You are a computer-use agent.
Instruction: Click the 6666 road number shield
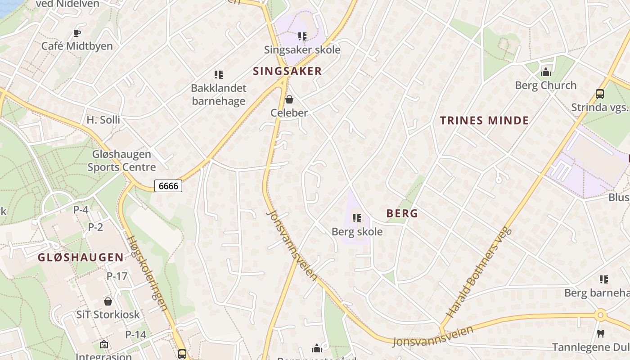(x=168, y=185)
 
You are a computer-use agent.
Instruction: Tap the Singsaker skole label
(x=302, y=49)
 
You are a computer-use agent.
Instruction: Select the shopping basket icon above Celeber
(x=289, y=99)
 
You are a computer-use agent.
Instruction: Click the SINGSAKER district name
(x=288, y=71)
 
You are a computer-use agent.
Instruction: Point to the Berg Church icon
(x=546, y=72)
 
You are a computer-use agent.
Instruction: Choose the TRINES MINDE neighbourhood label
(x=484, y=121)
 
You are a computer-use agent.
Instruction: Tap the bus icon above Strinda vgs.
(x=600, y=94)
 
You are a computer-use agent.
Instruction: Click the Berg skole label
(x=357, y=232)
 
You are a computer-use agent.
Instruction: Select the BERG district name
(x=402, y=214)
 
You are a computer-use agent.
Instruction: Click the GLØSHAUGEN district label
(x=81, y=257)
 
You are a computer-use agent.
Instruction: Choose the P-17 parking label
(x=117, y=276)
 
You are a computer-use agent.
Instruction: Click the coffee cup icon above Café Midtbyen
(x=77, y=33)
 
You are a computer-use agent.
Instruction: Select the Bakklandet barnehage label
(x=219, y=94)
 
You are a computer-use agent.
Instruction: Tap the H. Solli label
(x=103, y=120)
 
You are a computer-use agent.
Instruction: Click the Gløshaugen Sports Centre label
(x=121, y=161)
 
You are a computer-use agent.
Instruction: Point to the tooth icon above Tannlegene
(x=600, y=334)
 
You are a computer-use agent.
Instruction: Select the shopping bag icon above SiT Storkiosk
(x=108, y=301)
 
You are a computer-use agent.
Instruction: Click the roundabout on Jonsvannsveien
(x=600, y=315)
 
